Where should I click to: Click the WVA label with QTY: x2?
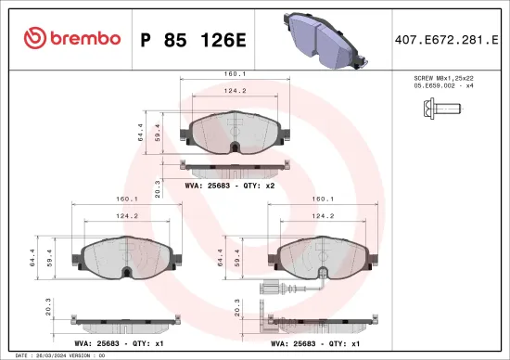pos(230,185)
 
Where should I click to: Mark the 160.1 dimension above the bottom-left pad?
pos(128,199)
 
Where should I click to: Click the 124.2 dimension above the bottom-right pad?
pos(324,215)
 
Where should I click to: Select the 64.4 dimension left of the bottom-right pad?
pos(220,257)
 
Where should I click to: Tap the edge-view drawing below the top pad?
pos(231,168)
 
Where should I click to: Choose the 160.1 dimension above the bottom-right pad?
pos(324,199)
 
